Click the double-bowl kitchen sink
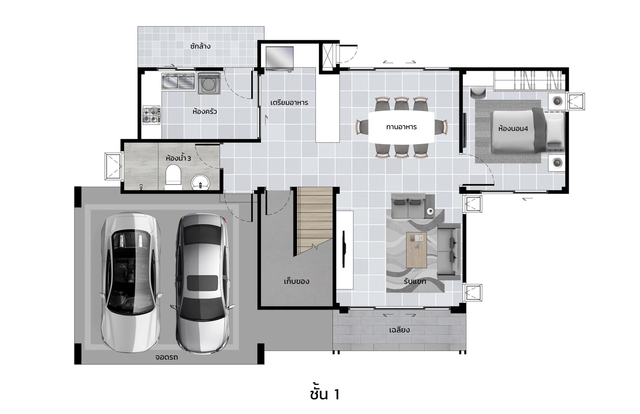pos(178,81)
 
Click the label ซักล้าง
pos(200,46)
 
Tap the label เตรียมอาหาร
pos(289,103)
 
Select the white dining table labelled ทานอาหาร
pos(401,127)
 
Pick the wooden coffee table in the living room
pos(416,250)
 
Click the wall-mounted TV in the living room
pos(344,249)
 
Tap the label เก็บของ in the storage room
pos(296,281)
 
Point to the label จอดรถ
pos(166,357)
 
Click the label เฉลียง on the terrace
pos(399,330)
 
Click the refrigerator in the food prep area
pos(279,59)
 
